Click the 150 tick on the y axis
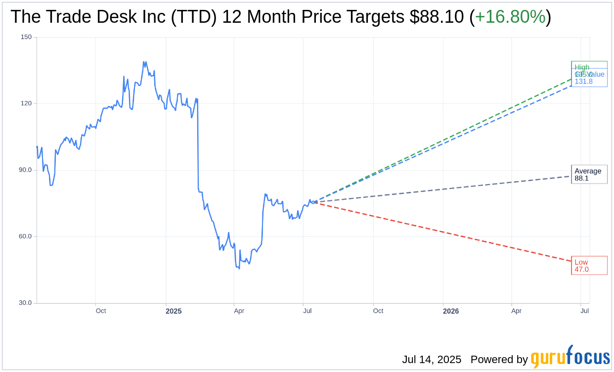[26, 37]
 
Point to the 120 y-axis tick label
[26, 103]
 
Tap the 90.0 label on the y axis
[25, 170]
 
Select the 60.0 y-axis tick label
[25, 236]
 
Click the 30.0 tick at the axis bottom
[25, 303]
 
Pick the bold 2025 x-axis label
[174, 311]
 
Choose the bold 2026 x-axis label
[451, 311]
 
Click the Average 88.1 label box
[589, 175]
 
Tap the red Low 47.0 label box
[589, 266]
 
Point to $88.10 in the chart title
[437, 17]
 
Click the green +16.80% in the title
[510, 17]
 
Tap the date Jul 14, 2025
[432, 360]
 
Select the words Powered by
[499, 360]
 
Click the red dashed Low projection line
[445, 232]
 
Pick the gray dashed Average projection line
[445, 189]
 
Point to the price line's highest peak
[143, 62]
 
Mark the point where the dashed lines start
[313, 202]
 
